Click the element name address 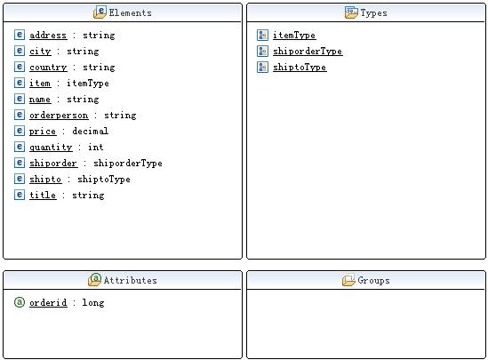[48, 36]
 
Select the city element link [40, 52]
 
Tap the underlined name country [48, 68]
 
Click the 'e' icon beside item [20, 83]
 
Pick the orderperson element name [59, 116]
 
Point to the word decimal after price [91, 131]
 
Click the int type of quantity [95, 147]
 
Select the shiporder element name [53, 164]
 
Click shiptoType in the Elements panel [104, 180]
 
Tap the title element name [43, 195]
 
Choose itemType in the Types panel [294, 36]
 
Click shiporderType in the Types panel [308, 52]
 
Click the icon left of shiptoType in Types [262, 67]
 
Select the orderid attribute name [48, 303]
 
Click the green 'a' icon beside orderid [20, 302]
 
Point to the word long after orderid [93, 303]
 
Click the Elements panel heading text [130, 12]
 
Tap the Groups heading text [373, 280]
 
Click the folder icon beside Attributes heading [94, 279]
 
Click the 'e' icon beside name [20, 99]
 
